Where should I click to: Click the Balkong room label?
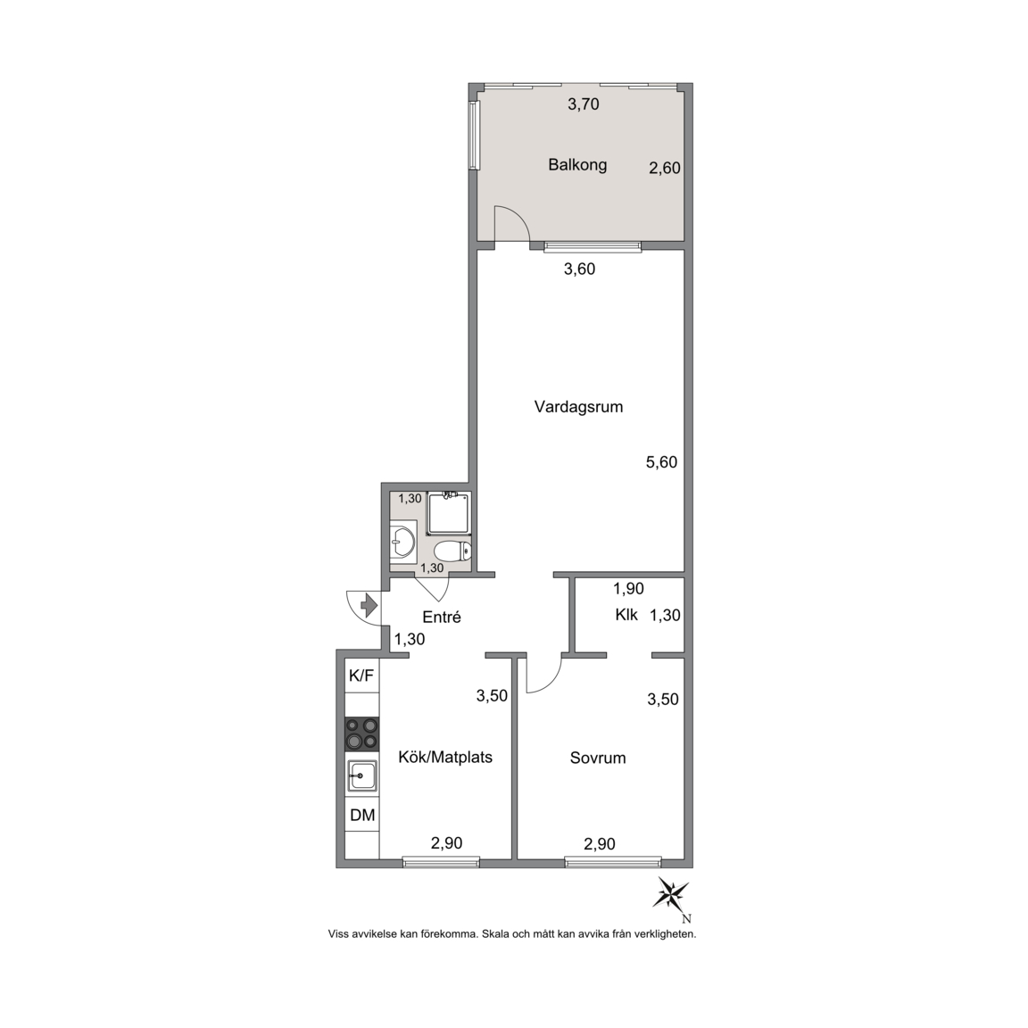pyautogui.click(x=577, y=164)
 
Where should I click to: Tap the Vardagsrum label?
pyautogui.click(x=578, y=407)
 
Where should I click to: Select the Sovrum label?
pyautogui.click(x=598, y=758)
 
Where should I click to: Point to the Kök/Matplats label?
pyautogui.click(x=445, y=758)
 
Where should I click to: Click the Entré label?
pyautogui.click(x=441, y=617)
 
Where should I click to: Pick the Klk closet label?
pyautogui.click(x=626, y=615)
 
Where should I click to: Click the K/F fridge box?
pyautogui.click(x=362, y=676)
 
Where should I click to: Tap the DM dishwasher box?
pyautogui.click(x=362, y=815)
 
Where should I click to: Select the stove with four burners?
pyautogui.click(x=362, y=734)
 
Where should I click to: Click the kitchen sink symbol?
pyautogui.click(x=362, y=775)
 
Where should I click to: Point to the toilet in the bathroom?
pyautogui.click(x=453, y=551)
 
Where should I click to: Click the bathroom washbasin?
pyautogui.click(x=402, y=542)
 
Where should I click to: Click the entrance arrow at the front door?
pyautogui.click(x=369, y=604)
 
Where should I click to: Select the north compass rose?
pyautogui.click(x=671, y=894)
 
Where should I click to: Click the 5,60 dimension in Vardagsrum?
pyautogui.click(x=661, y=462)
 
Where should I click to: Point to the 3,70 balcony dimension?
pyautogui.click(x=584, y=104)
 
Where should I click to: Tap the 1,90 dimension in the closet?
pyautogui.click(x=629, y=589)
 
